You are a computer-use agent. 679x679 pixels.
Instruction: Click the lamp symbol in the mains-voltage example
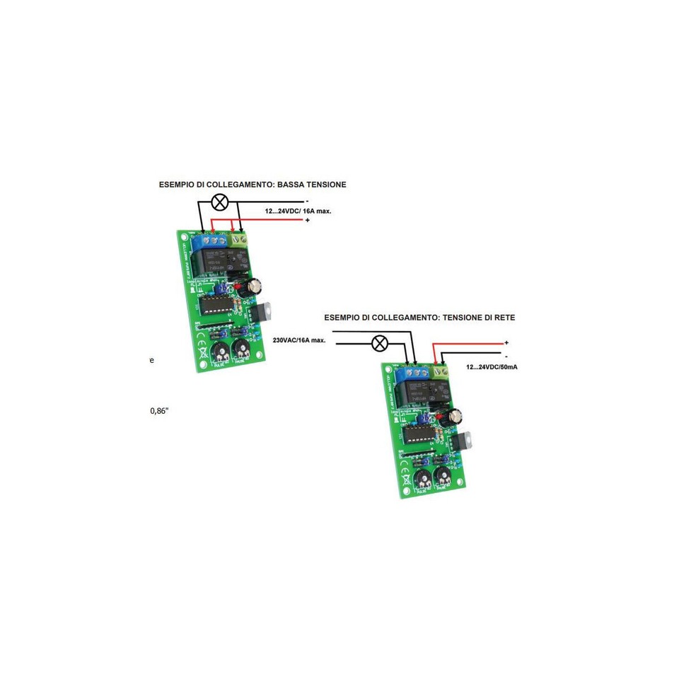click(x=380, y=344)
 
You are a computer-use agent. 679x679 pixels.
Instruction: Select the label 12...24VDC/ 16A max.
click(x=298, y=211)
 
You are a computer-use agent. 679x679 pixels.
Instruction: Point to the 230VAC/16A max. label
click(x=299, y=340)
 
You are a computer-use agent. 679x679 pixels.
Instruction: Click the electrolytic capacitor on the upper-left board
click(x=253, y=285)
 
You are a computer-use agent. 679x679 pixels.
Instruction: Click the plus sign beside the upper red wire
click(x=308, y=221)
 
